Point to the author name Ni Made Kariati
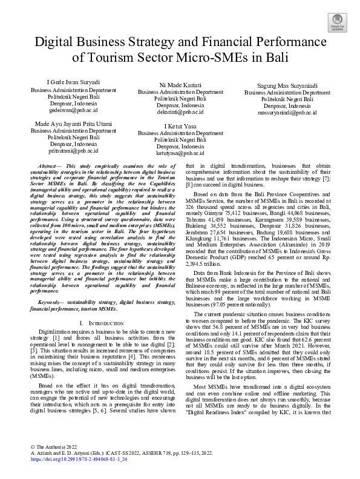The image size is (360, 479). pyautogui.click(x=180, y=85)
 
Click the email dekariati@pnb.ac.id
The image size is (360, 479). pyautogui.click(x=180, y=112)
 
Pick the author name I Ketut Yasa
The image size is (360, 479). pyautogui.click(x=180, y=126)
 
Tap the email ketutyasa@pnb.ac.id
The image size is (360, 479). pyautogui.click(x=180, y=154)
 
